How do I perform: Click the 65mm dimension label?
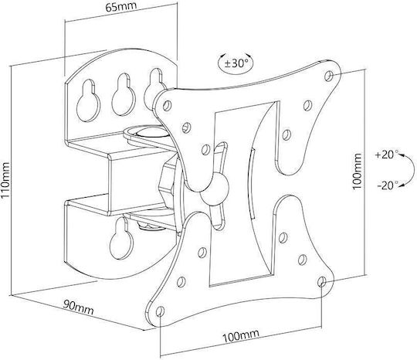[x=121, y=6]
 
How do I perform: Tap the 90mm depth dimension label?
[x=79, y=307]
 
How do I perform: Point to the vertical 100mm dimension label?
[x=357, y=172]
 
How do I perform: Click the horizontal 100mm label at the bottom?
[x=240, y=336]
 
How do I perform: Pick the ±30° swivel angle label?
[x=236, y=63]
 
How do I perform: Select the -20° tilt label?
[x=388, y=185]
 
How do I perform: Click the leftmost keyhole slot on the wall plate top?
[x=88, y=101]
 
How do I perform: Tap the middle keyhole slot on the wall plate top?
[x=124, y=94]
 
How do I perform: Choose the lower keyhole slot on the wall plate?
[x=121, y=239]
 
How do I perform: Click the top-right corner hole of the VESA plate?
[x=329, y=76]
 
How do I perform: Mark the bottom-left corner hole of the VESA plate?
[x=160, y=311]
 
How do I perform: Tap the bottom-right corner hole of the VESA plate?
[x=322, y=281]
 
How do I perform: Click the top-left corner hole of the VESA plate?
[x=167, y=106]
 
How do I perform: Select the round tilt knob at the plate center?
[x=215, y=189]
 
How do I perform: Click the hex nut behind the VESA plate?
[x=167, y=185]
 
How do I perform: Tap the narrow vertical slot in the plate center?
[x=252, y=184]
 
